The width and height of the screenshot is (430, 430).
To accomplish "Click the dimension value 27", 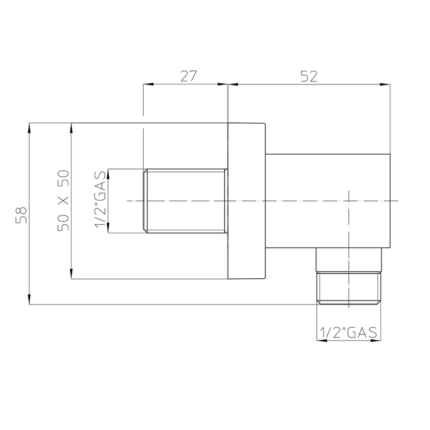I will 188,76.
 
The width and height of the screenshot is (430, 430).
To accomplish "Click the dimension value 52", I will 309,76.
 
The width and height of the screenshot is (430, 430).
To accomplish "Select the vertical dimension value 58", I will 21,213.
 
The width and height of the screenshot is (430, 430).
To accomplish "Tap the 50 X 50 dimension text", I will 63,201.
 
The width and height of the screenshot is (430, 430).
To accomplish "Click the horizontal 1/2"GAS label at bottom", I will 348,332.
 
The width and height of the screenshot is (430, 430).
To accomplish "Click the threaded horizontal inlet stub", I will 185,201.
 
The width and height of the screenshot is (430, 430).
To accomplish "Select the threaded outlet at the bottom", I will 348,287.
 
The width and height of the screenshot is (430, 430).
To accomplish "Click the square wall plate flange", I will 246,201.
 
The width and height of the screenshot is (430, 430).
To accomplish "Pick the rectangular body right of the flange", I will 328,201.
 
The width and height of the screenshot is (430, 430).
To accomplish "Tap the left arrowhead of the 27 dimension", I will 147,84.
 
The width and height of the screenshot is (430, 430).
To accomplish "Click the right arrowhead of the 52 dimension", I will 387,84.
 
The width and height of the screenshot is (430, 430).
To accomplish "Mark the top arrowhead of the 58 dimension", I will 30,126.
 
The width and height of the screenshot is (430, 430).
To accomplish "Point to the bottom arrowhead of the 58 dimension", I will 30,301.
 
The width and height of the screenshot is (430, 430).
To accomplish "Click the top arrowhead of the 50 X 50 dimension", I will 71,126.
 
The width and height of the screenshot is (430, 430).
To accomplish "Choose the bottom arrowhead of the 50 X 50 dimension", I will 71,276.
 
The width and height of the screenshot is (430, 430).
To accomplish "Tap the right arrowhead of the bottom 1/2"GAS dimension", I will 376,340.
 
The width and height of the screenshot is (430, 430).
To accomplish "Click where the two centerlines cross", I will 348,201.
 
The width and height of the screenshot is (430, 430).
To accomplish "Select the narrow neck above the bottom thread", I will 348,261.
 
